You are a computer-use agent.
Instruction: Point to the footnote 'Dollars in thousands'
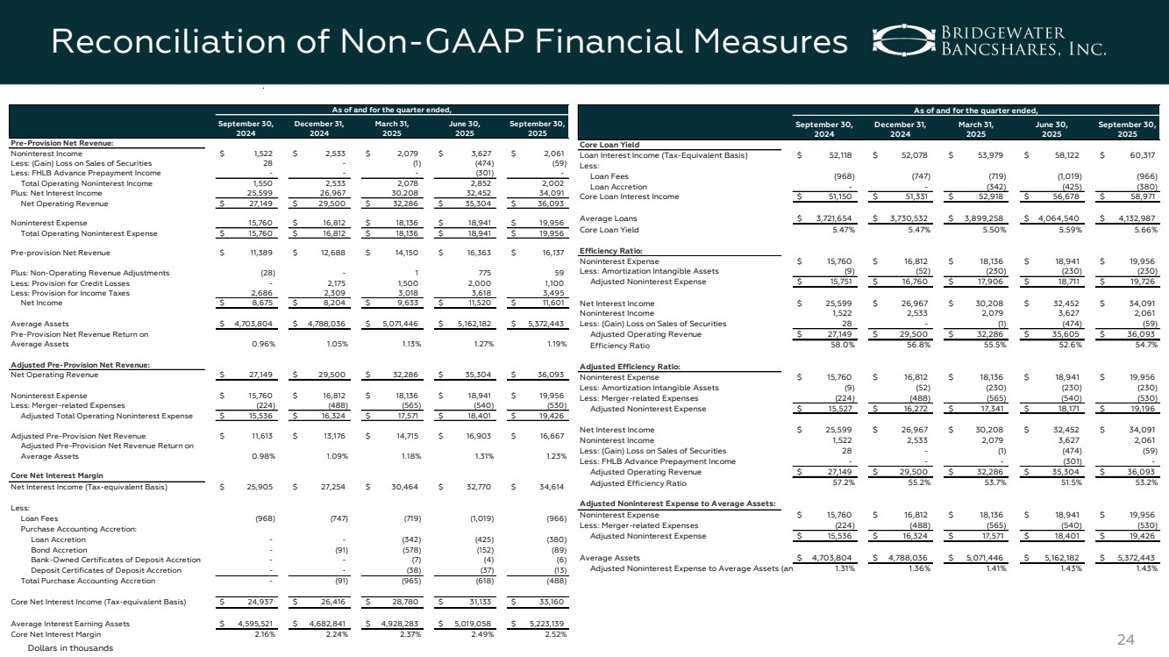(x=70, y=647)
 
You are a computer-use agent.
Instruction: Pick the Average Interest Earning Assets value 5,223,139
(x=537, y=623)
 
